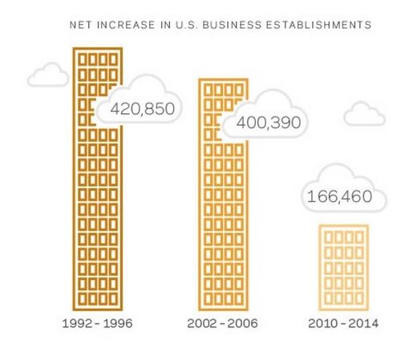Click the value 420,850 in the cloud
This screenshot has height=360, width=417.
pos(143,109)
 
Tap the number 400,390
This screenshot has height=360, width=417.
pos(269,123)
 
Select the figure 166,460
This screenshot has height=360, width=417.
pos(339,196)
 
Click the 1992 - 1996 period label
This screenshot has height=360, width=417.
pos(97,323)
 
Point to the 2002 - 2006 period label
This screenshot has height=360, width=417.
pos(222,323)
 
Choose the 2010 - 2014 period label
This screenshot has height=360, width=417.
pos(343,323)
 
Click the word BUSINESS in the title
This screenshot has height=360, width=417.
pos(232,25)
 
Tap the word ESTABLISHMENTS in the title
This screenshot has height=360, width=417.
pos(318,25)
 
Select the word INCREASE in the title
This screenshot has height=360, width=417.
pos(126,25)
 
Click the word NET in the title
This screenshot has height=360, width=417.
pos(81,25)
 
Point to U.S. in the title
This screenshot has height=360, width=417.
pos(187,25)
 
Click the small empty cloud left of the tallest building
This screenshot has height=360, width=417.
pos(48,75)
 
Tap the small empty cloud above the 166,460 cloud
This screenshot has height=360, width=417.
pos(364,114)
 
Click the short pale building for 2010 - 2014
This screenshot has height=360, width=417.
pos(343,268)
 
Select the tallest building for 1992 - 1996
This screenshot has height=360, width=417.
pos(98,179)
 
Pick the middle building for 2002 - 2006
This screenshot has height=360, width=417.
pos(223,195)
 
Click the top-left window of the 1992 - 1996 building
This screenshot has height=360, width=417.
pos(82,59)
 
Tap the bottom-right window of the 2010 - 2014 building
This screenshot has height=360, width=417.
pos(359,298)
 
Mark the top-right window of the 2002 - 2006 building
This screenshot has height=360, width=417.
pos(239,91)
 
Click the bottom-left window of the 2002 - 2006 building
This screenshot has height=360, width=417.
pos(208,298)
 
